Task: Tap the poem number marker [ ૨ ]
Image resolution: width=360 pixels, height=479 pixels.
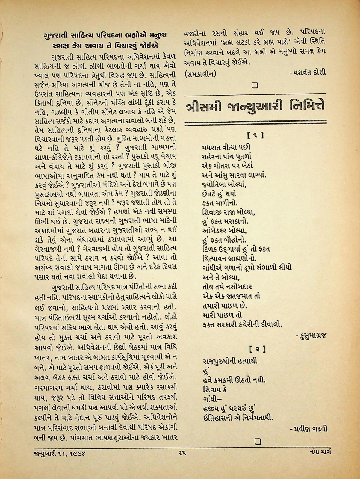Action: (257, 349)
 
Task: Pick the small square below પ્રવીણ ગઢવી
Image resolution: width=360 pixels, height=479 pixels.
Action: (258, 441)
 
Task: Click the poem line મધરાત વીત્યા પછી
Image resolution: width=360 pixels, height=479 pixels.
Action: (226, 147)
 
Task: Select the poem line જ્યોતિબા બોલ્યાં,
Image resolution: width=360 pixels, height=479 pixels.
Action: (225, 185)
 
